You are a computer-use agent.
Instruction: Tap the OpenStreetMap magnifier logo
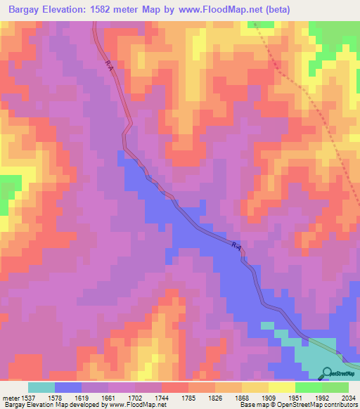coord(326,373)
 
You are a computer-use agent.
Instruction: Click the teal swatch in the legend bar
coord(41,387)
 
